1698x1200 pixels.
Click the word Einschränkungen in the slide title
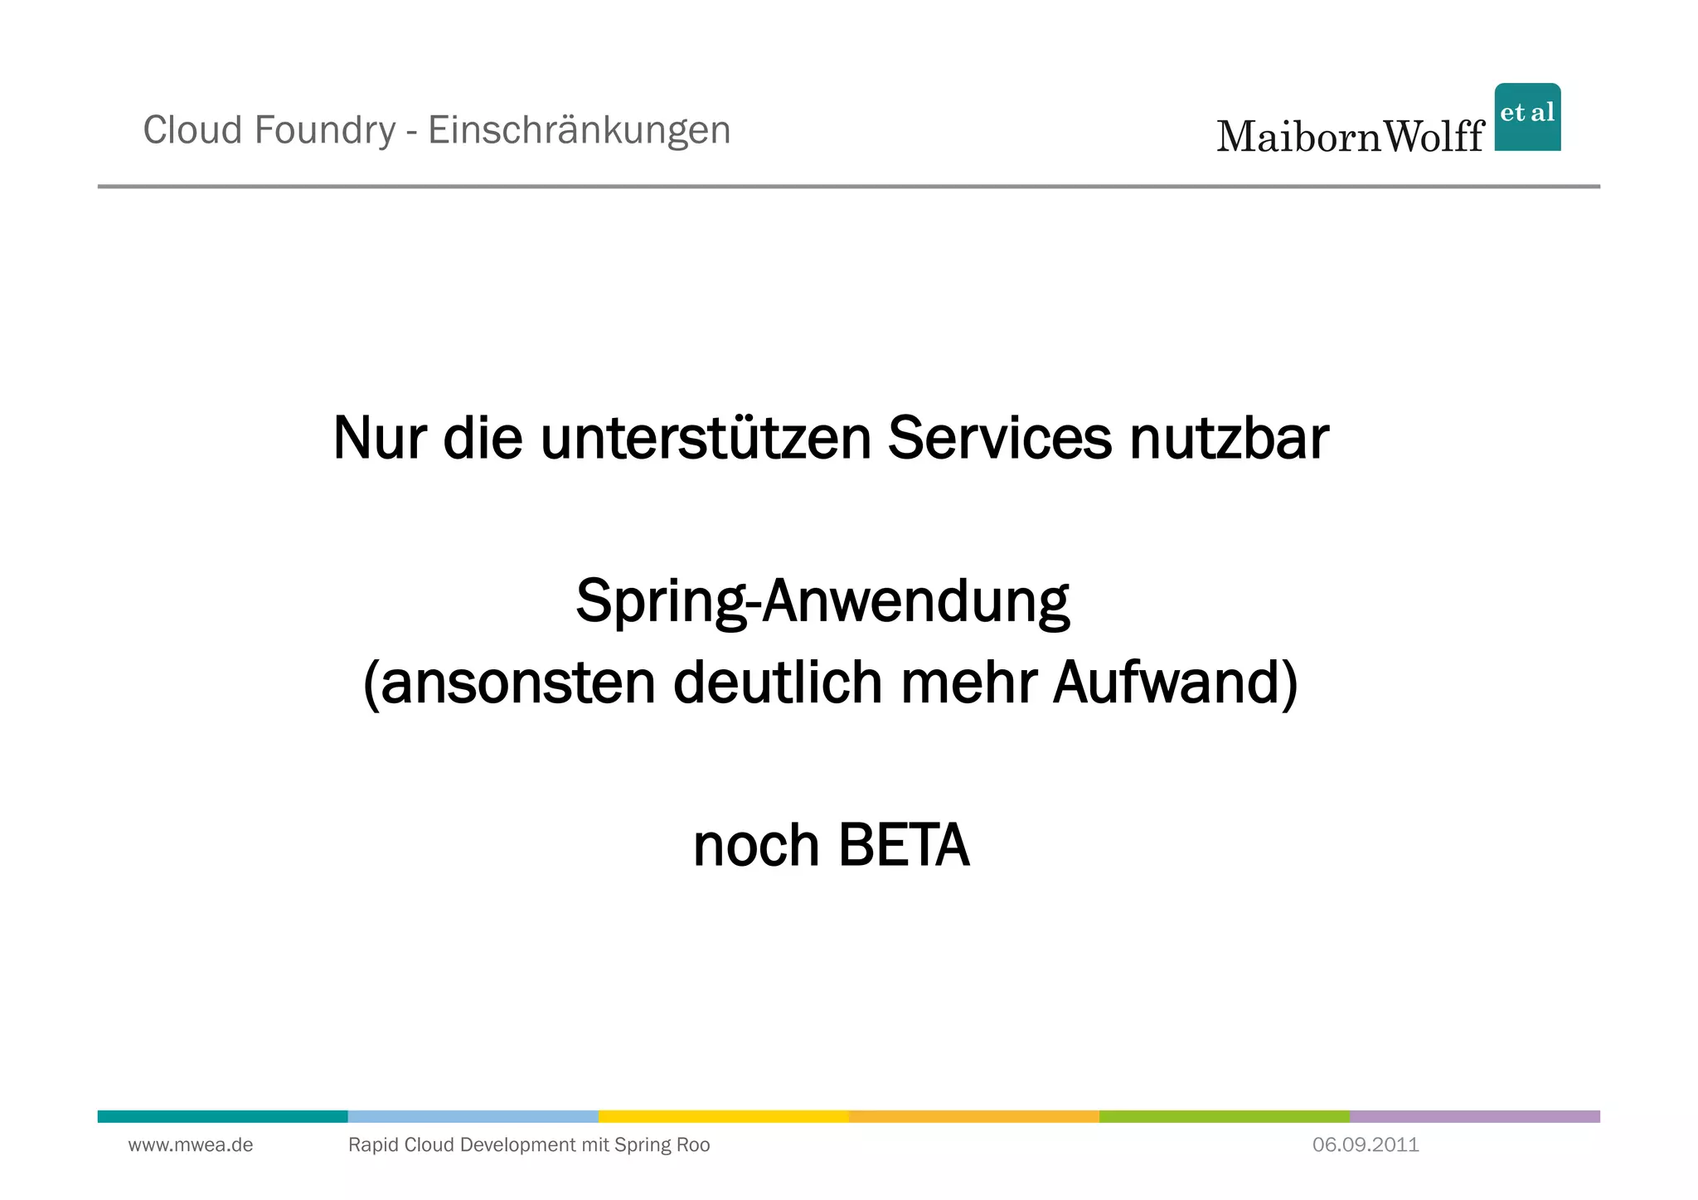click(579, 130)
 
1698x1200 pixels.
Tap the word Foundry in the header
click(325, 130)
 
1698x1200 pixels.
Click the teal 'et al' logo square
click(1527, 117)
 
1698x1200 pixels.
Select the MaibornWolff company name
click(1350, 136)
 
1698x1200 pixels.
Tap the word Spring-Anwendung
click(822, 601)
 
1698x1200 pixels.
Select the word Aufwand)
click(1175, 683)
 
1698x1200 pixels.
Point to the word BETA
click(903, 846)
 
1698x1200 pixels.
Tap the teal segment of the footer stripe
click(222, 1116)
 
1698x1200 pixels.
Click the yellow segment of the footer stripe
click(723, 1116)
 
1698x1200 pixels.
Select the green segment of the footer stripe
click(1224, 1116)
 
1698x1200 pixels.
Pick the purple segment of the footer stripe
click(1474, 1116)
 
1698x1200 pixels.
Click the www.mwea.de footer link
click(191, 1145)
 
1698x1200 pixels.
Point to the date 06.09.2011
click(1366, 1145)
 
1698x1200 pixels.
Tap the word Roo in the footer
click(692, 1145)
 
